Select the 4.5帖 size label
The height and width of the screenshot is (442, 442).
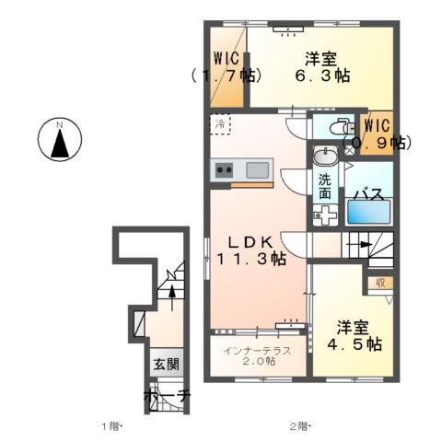(354, 344)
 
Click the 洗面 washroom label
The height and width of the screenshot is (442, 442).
(326, 187)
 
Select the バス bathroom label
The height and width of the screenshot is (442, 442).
(368, 195)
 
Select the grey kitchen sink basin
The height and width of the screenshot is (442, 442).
(257, 169)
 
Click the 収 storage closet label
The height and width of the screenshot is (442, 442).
(379, 284)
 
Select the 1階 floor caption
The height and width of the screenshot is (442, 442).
(111, 426)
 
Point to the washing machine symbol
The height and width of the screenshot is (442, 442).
(323, 215)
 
